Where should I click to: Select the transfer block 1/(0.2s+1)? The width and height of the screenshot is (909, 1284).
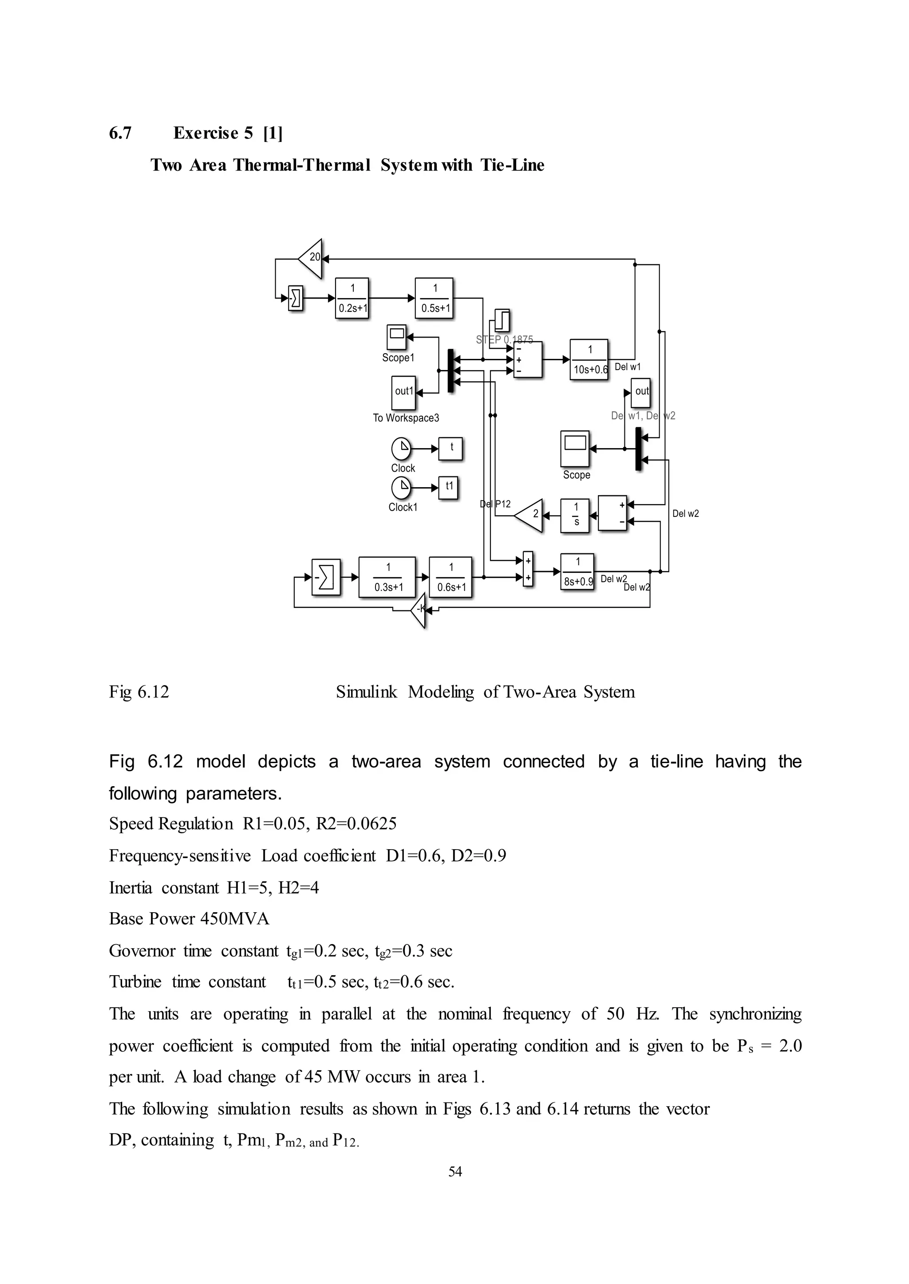(x=352, y=298)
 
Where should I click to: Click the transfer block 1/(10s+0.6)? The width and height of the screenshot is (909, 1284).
(x=589, y=359)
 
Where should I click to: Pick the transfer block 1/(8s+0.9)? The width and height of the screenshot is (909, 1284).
(x=577, y=571)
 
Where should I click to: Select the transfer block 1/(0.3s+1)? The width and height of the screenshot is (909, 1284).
(x=387, y=577)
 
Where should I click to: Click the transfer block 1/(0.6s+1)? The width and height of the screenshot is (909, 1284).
(x=451, y=577)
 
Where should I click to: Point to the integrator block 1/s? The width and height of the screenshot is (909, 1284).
(x=575, y=515)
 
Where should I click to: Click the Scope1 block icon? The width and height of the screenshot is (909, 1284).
(x=396, y=337)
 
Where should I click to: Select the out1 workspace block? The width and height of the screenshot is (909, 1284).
(x=403, y=392)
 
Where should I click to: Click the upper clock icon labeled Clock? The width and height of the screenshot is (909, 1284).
(x=401, y=448)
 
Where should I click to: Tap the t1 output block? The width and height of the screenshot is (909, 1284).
(x=448, y=487)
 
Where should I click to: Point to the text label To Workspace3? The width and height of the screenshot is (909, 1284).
(x=406, y=418)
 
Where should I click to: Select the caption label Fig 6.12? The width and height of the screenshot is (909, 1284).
(x=139, y=692)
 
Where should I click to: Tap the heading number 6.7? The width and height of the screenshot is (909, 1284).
(x=120, y=133)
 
